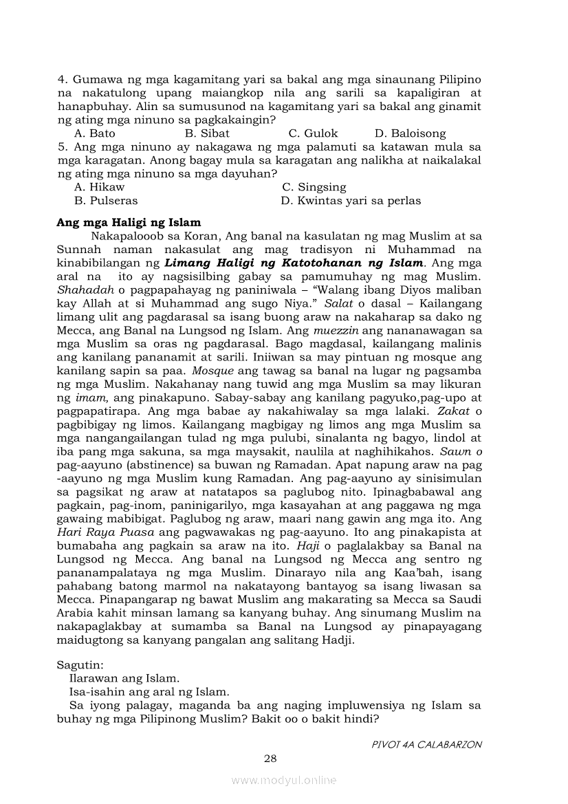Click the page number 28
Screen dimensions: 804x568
coord(270,759)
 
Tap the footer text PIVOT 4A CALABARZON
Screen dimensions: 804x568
coord(426,744)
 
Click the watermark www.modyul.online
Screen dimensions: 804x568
coord(284,780)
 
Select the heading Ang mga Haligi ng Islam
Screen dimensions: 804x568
coord(129,222)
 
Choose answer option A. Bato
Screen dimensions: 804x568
coord(94,133)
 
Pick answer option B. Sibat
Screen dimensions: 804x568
coord(207,133)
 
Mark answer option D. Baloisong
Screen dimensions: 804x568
coord(410,133)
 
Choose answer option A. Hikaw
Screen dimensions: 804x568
coord(99,187)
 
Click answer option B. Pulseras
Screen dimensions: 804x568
coord(105,201)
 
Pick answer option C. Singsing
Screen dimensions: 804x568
coord(314,187)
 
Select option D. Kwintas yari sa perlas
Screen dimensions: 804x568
coord(351,201)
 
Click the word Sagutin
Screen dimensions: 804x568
coord(80,665)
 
